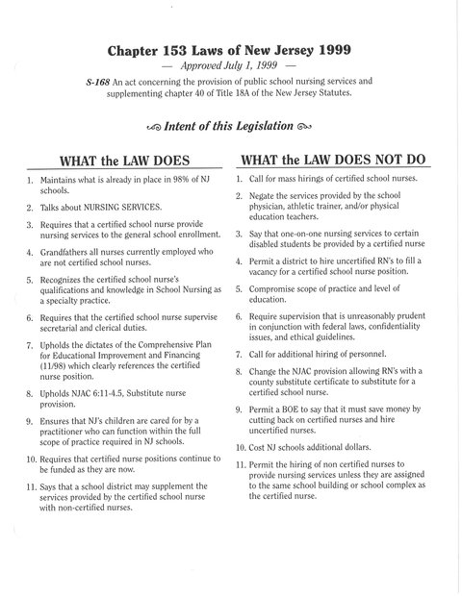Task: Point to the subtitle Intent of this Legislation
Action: pyautogui.click(x=230, y=123)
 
